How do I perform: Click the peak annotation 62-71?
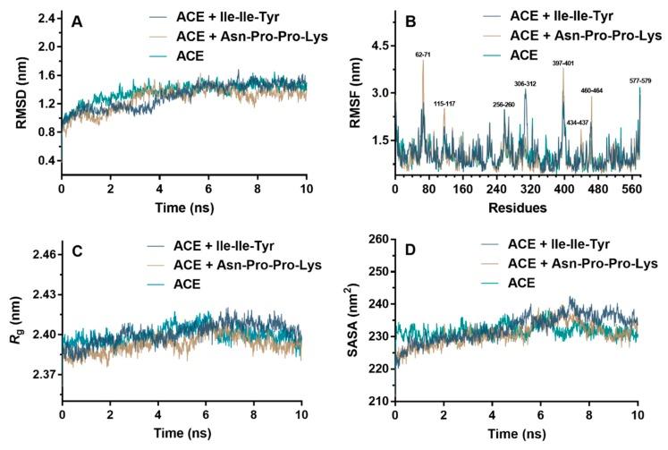point(422,54)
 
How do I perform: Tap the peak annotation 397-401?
point(563,64)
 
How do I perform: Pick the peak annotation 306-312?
point(526,83)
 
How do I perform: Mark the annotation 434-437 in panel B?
point(577,122)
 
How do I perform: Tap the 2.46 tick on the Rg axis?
point(42,255)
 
